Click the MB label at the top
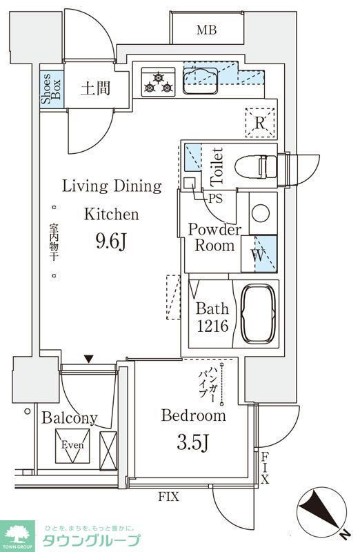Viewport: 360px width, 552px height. [x=207, y=30]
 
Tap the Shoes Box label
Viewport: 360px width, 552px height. [x=51, y=89]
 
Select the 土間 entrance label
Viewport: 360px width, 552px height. [x=95, y=88]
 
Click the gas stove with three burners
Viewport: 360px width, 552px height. [x=159, y=82]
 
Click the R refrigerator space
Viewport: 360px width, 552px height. [x=260, y=123]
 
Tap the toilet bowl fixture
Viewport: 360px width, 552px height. [x=256, y=167]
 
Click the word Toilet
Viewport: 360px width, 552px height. [x=217, y=167]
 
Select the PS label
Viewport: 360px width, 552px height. [x=215, y=199]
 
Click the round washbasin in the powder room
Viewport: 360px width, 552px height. [x=261, y=213]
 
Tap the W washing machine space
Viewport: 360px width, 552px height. [x=259, y=254]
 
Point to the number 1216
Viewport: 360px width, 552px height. [x=212, y=326]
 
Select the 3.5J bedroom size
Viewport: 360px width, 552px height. [x=193, y=442]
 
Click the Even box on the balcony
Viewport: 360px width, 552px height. [x=72, y=446]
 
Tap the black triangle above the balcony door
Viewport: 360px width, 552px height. [x=89, y=359]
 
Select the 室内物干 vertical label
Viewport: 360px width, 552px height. [x=54, y=241]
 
